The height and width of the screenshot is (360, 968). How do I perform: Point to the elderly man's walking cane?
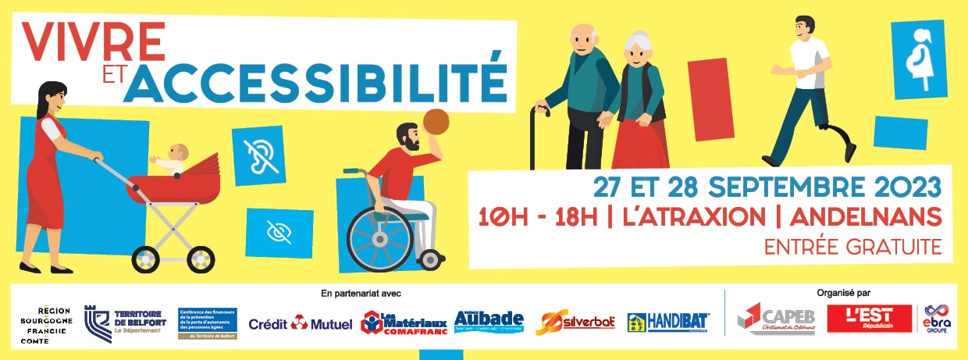[x=535, y=136]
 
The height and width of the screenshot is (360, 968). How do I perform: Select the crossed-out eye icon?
[x=279, y=232]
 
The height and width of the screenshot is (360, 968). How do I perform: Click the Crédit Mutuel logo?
[x=301, y=323]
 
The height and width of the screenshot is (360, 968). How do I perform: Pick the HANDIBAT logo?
[x=668, y=323]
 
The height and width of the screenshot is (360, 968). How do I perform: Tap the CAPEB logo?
[x=778, y=319]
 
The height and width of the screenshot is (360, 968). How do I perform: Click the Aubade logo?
[x=489, y=321]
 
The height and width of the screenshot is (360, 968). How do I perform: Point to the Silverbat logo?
[x=575, y=323]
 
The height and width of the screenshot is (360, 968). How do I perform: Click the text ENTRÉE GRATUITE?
[x=853, y=248]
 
